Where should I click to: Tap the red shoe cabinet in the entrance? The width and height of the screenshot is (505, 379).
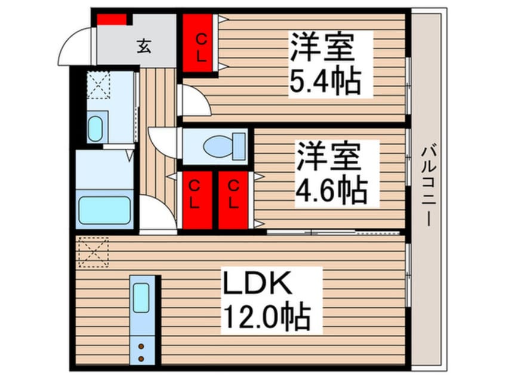(x=112, y=19)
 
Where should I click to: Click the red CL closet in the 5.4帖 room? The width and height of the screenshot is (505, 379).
(x=201, y=43)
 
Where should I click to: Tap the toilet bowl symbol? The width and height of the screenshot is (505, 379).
(x=221, y=145)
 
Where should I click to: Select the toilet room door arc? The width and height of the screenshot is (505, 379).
(x=162, y=141)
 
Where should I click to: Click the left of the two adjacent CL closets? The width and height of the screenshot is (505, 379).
(x=195, y=200)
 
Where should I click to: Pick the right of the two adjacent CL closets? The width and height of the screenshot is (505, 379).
(x=233, y=200)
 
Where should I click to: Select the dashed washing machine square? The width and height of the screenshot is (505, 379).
(x=98, y=84)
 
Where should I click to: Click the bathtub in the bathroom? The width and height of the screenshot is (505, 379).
(x=105, y=209)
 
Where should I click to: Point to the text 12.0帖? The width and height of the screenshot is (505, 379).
(x=266, y=316)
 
